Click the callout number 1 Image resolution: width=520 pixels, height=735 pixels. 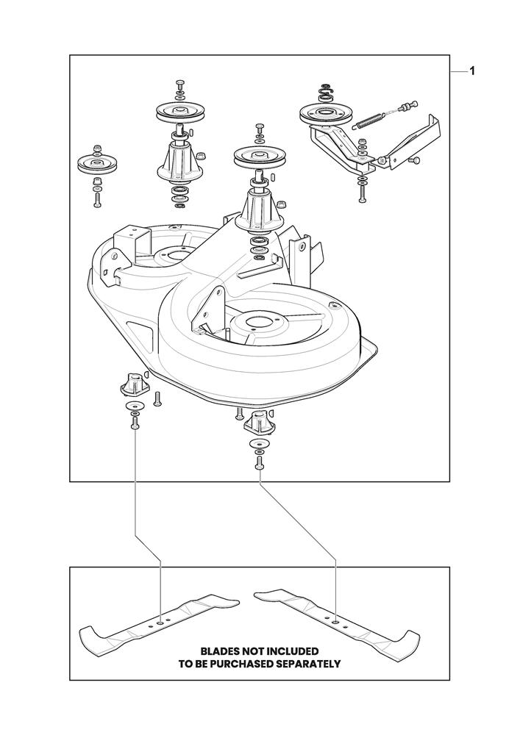pos(471,71)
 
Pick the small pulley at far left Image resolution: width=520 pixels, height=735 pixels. pos(97,163)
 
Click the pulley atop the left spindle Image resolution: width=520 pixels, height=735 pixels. pos(180,112)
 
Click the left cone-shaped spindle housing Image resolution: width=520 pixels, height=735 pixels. pos(179,161)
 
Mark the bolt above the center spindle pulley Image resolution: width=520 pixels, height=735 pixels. pos(258,129)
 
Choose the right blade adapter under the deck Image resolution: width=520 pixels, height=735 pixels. pos(258,423)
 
